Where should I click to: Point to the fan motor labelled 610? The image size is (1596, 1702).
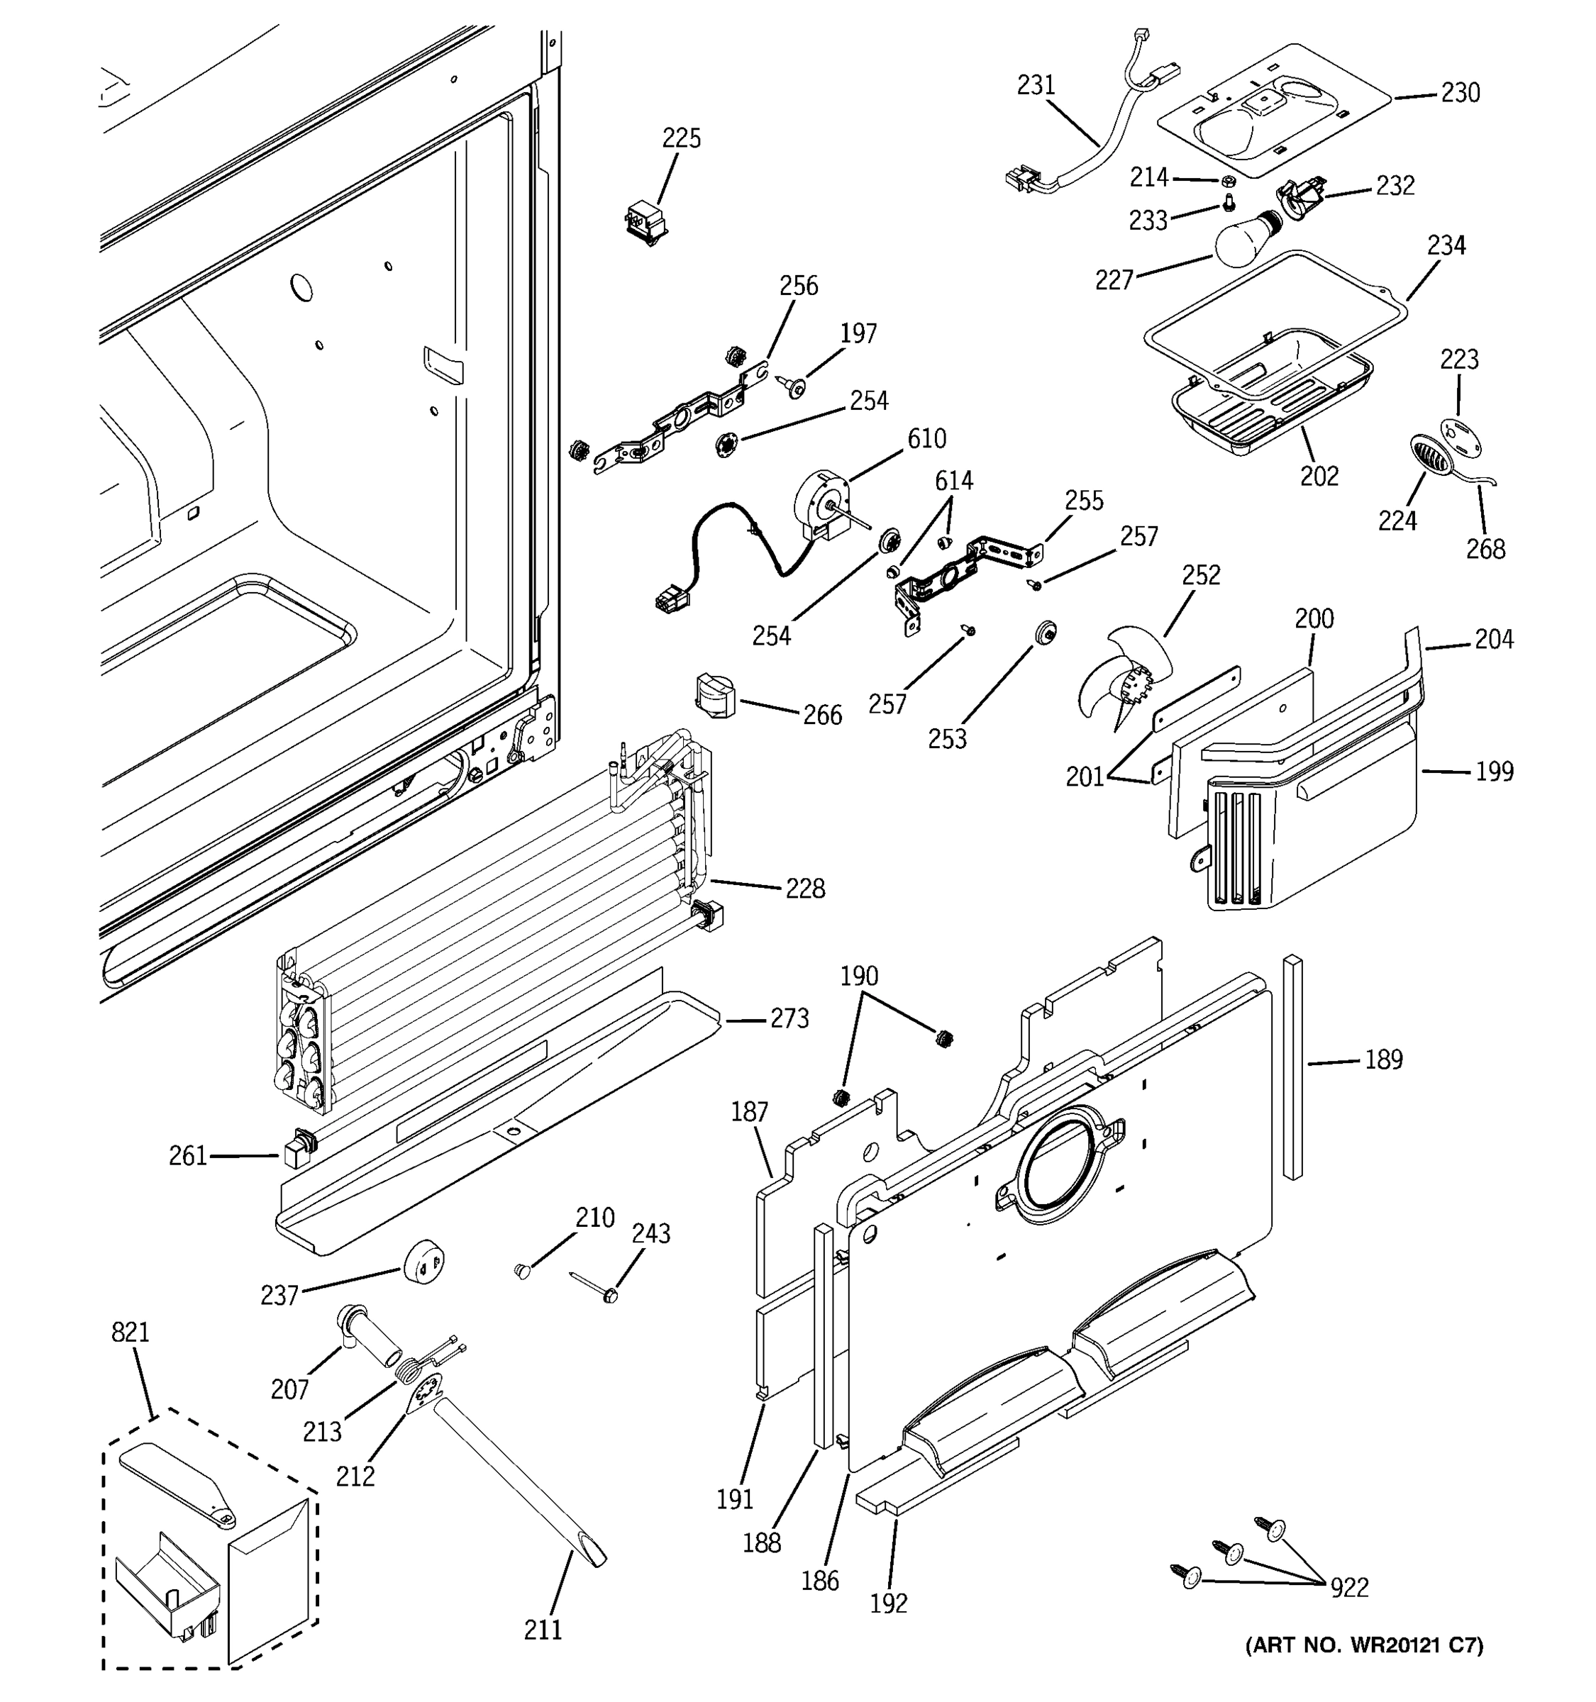point(822,505)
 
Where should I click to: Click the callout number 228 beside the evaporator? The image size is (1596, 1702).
point(805,889)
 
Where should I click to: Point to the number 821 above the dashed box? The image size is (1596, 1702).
point(130,1332)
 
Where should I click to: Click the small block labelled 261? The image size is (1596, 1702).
point(295,1149)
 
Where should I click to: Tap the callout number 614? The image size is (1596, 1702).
point(953,480)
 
